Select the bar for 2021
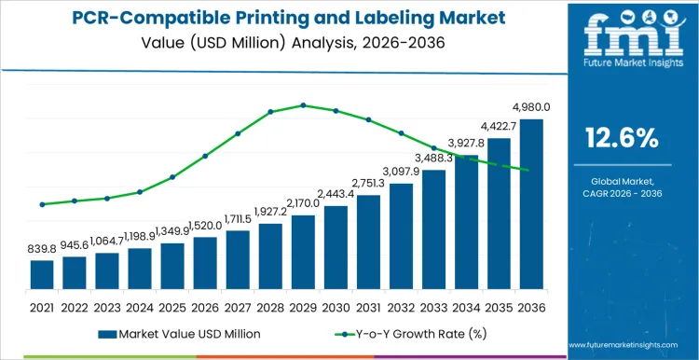click(x=42, y=274)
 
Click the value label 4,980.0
click(x=528, y=107)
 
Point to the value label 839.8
click(x=42, y=250)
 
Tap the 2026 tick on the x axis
click(x=205, y=305)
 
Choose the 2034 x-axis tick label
click(x=466, y=305)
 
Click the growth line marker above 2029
click(x=303, y=105)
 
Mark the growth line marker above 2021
click(x=42, y=204)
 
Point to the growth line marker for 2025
click(x=172, y=177)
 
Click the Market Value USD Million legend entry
click(x=178, y=333)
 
